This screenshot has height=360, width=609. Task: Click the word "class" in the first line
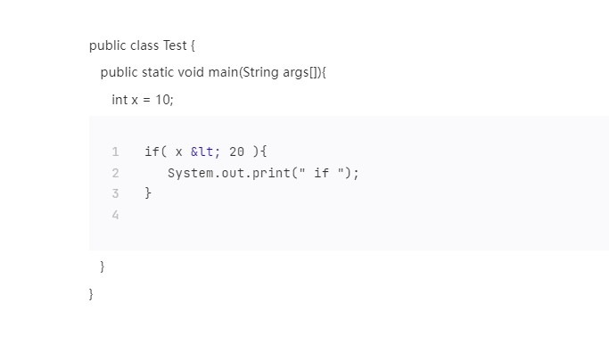click(x=144, y=45)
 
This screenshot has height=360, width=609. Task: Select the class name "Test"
click(x=175, y=45)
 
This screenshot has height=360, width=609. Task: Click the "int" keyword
click(x=119, y=99)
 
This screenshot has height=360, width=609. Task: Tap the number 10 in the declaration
click(x=163, y=99)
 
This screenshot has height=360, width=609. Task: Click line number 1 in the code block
click(x=115, y=151)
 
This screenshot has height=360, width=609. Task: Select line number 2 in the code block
click(x=115, y=173)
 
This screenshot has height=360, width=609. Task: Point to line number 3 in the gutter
click(x=115, y=193)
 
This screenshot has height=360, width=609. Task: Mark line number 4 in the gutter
click(x=115, y=215)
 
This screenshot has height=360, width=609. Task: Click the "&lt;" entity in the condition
click(x=205, y=151)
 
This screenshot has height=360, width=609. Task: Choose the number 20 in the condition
click(x=236, y=151)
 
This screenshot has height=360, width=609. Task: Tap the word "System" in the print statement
click(x=189, y=173)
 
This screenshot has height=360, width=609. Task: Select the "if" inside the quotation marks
click(x=321, y=173)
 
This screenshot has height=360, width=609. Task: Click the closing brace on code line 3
click(x=148, y=193)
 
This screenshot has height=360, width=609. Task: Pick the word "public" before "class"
click(x=107, y=45)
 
